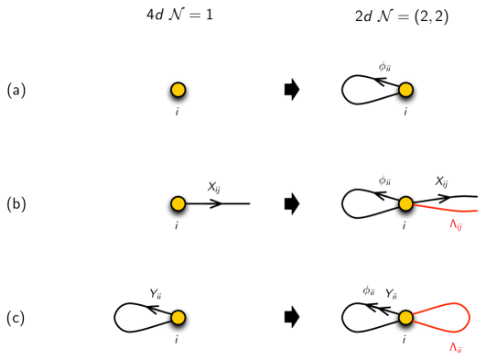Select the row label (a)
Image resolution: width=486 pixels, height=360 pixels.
tap(16, 90)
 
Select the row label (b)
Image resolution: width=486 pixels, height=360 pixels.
tap(16, 204)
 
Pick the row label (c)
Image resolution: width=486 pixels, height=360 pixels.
tap(16, 318)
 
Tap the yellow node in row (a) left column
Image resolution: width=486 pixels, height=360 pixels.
tap(178, 90)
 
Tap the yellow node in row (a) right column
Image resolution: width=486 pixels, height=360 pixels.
tap(405, 90)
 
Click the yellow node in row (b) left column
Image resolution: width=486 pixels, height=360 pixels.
tap(178, 203)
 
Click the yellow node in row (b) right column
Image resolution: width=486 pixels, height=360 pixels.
tap(405, 203)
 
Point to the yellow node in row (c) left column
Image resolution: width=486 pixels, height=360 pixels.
tap(178, 318)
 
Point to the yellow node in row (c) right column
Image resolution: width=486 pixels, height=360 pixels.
tap(405, 318)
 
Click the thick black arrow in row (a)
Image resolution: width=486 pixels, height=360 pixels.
tap(293, 90)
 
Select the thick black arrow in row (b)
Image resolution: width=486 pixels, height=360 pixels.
tap(293, 203)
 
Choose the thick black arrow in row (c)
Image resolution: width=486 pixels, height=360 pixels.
tap(293, 318)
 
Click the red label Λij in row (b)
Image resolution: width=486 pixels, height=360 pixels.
tap(455, 225)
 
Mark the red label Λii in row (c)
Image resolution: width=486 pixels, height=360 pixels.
tap(455, 347)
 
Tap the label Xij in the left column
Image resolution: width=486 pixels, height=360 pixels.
tap(214, 186)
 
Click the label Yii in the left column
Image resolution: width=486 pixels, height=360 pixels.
tap(156, 294)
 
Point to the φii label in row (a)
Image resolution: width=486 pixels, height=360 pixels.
tap(386, 66)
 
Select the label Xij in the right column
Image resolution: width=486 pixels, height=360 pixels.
tap(441, 182)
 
